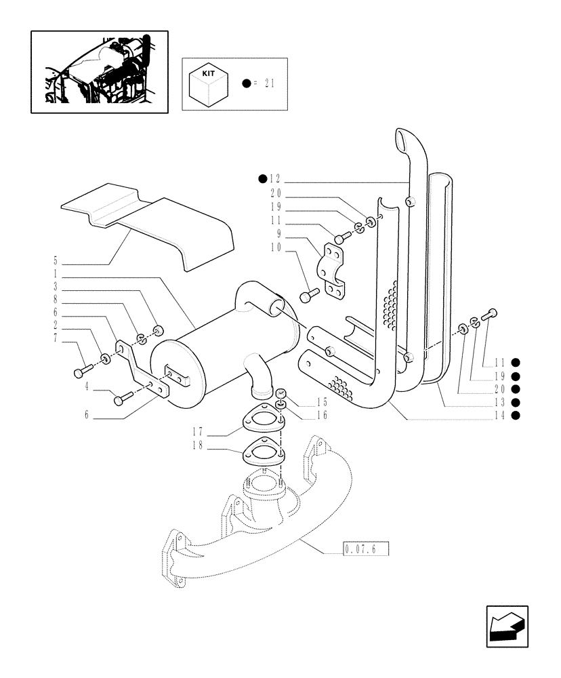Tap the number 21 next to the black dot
[x=270, y=83]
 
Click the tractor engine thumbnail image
[x=99, y=71]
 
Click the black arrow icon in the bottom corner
[x=506, y=626]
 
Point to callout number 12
[x=274, y=179]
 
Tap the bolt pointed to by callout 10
[x=308, y=297]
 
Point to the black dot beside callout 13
[x=516, y=402]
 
